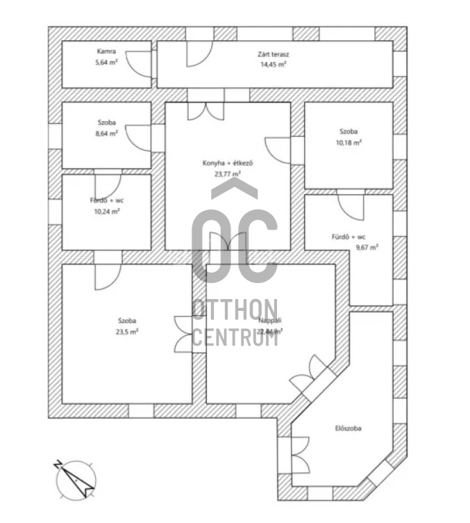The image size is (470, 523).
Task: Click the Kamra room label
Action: point(107,52)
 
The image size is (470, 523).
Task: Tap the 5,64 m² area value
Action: point(107,62)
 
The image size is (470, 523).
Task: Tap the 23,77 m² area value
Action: point(228,175)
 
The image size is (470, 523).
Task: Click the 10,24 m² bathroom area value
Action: point(107,211)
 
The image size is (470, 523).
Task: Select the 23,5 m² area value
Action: point(127,331)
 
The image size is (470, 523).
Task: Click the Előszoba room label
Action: point(348,428)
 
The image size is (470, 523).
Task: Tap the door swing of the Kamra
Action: point(142,64)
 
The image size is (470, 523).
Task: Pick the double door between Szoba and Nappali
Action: point(185,333)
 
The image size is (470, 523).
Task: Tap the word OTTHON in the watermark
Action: point(235,310)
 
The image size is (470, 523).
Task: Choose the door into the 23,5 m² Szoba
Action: point(108,276)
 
